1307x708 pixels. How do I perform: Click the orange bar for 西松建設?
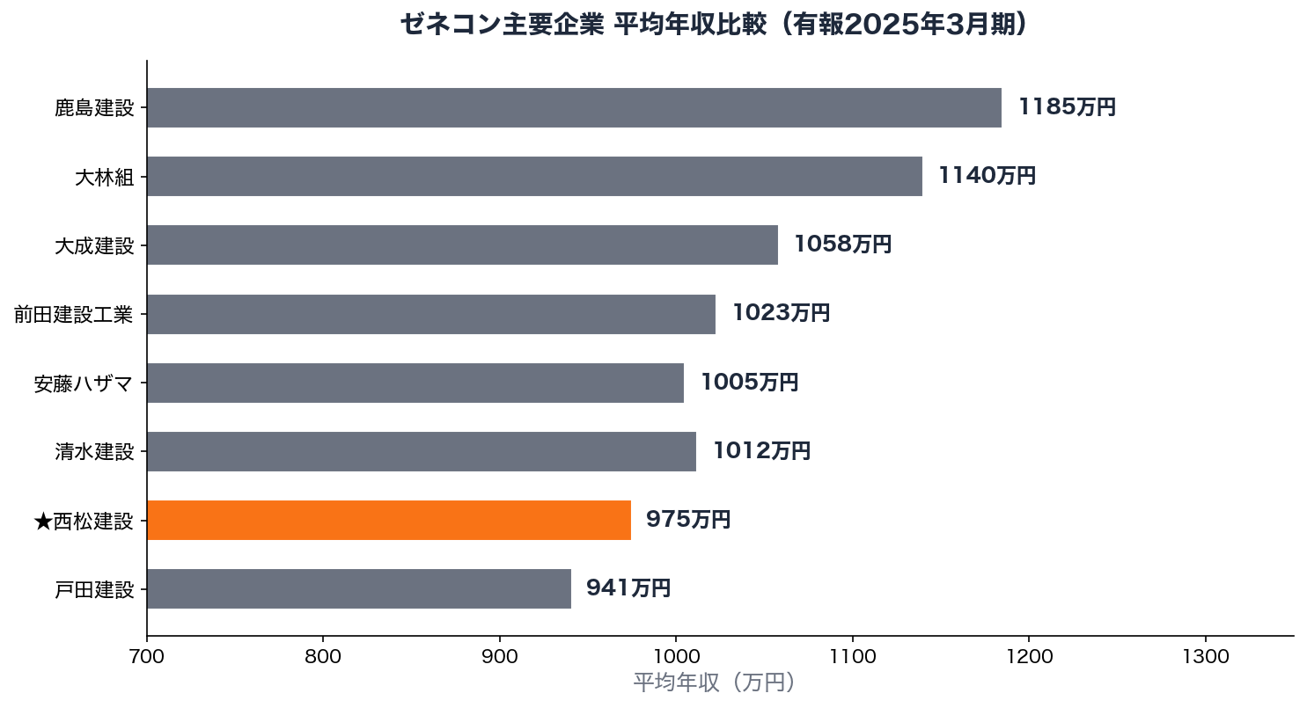coord(388,520)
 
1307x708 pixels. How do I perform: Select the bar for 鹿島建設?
coord(574,107)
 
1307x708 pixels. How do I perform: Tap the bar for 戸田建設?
coord(358,588)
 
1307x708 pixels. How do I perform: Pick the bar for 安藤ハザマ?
coord(415,383)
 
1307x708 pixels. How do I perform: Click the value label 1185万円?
coord(1067,107)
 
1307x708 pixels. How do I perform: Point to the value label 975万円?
coord(688,520)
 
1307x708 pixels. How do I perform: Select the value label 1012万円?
coord(761,451)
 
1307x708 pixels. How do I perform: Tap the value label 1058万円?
coord(842,245)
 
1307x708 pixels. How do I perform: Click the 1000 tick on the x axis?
coord(676,655)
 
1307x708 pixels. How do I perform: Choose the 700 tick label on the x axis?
coord(147,655)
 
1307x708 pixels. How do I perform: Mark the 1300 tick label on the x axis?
coord(1205,655)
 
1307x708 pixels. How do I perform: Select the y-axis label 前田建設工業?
coord(73,314)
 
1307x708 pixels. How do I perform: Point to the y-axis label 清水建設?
coord(94,452)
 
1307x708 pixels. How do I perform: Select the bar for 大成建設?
coord(462,245)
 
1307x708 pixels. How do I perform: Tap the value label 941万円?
coord(628,588)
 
